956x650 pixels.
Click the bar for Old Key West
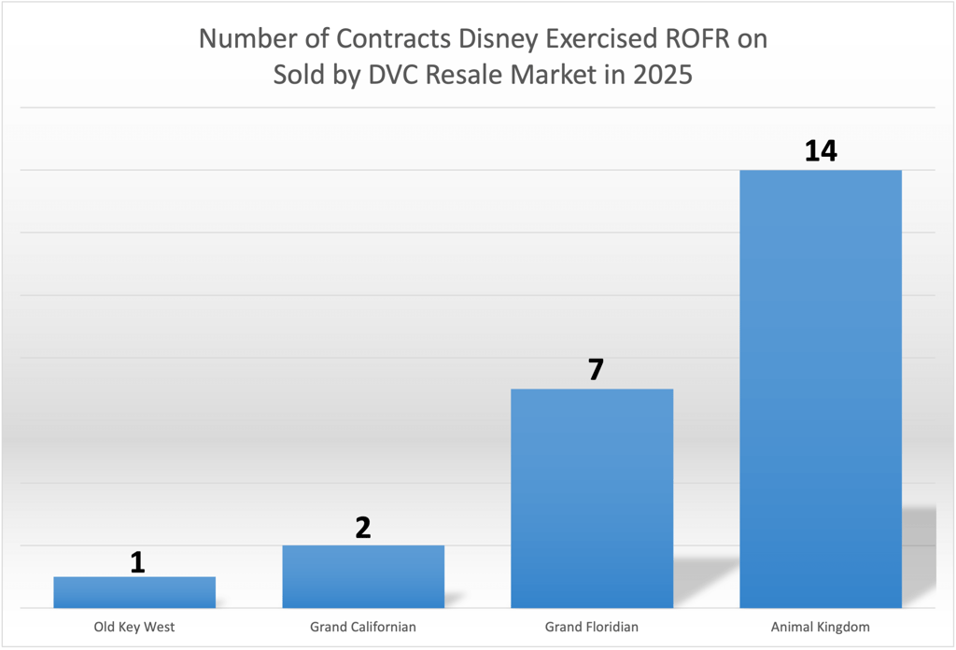pyautogui.click(x=134, y=592)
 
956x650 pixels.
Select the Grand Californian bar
pyautogui.click(x=363, y=576)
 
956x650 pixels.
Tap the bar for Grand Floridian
pyautogui.click(x=592, y=498)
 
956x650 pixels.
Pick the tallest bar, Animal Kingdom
pyautogui.click(x=821, y=389)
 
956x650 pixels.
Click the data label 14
pyautogui.click(x=821, y=150)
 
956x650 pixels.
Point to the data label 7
pyautogui.click(x=596, y=370)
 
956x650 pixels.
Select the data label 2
pyautogui.click(x=363, y=528)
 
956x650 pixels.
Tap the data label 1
pyautogui.click(x=137, y=561)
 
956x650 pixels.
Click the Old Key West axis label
pyautogui.click(x=134, y=627)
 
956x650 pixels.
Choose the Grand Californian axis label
pyautogui.click(x=363, y=627)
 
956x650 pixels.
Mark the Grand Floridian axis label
pyautogui.click(x=592, y=627)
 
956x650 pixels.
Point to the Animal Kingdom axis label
pyautogui.click(x=821, y=627)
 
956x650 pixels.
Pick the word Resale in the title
pyautogui.click(x=457, y=75)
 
